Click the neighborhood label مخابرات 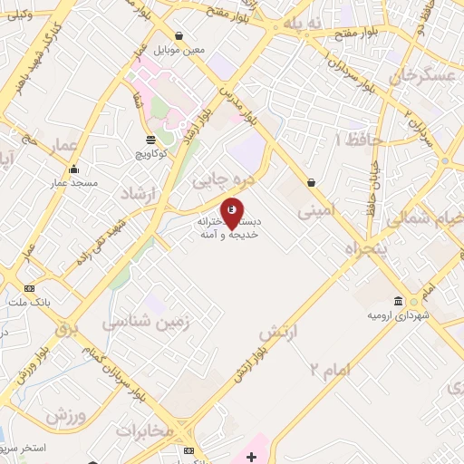point(144,430)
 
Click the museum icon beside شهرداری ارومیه point(398,302)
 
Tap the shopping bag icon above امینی point(312,182)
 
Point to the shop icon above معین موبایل point(179,36)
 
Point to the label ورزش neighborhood point(66,416)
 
